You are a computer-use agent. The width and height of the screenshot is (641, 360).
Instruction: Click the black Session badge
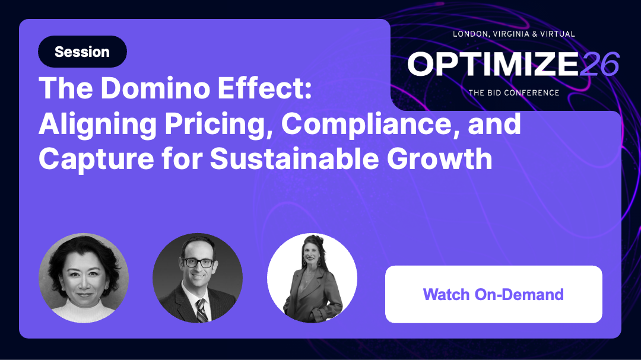coord(82,52)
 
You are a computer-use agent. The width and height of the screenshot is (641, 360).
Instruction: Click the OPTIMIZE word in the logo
coord(493,64)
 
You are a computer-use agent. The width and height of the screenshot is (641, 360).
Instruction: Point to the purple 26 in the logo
coord(599,64)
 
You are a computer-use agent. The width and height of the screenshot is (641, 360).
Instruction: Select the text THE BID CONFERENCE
coord(514,93)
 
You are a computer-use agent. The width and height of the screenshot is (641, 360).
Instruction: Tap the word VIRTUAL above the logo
coord(557,34)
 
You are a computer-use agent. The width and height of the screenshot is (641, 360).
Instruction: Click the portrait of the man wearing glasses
coord(197,278)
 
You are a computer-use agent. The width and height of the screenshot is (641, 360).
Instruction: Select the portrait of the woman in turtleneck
coord(84,278)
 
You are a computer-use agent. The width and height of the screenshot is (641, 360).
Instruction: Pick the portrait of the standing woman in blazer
coord(312,278)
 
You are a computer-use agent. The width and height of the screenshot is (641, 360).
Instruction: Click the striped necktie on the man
coord(201,311)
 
